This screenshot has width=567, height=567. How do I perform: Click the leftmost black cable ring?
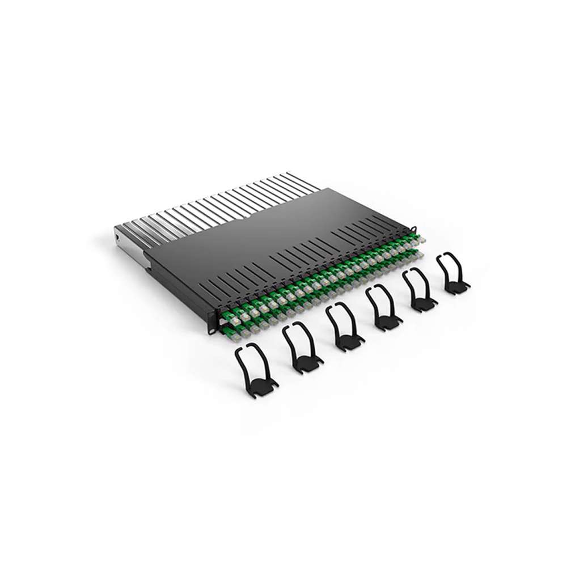pyautogui.click(x=255, y=369)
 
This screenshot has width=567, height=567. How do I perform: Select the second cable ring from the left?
pyautogui.click(x=302, y=347)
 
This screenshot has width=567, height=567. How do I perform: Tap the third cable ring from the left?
pyautogui.click(x=344, y=328)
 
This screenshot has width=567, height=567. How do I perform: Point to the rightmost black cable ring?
pyautogui.click(x=453, y=274)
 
